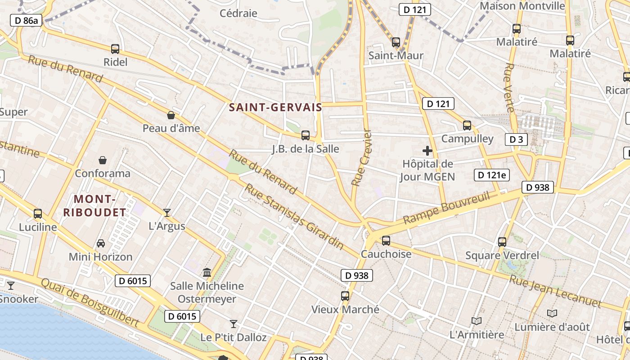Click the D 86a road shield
point(26,20)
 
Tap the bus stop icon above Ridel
point(115,49)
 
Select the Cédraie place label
point(238,13)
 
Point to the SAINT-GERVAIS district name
point(275,108)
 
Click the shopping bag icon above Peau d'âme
point(171,115)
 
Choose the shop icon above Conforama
point(103,160)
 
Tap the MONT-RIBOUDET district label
point(94,206)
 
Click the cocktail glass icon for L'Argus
point(167,212)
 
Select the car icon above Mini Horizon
point(101,243)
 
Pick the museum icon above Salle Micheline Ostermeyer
point(207,272)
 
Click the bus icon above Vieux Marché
point(345,296)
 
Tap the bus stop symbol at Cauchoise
point(386,241)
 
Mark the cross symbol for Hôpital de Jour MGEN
point(427,151)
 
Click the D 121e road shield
point(492,175)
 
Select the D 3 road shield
point(516,139)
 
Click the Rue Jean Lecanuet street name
point(555,292)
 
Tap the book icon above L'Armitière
point(477,321)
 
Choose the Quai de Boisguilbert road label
point(90,302)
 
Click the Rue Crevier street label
point(362,158)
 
